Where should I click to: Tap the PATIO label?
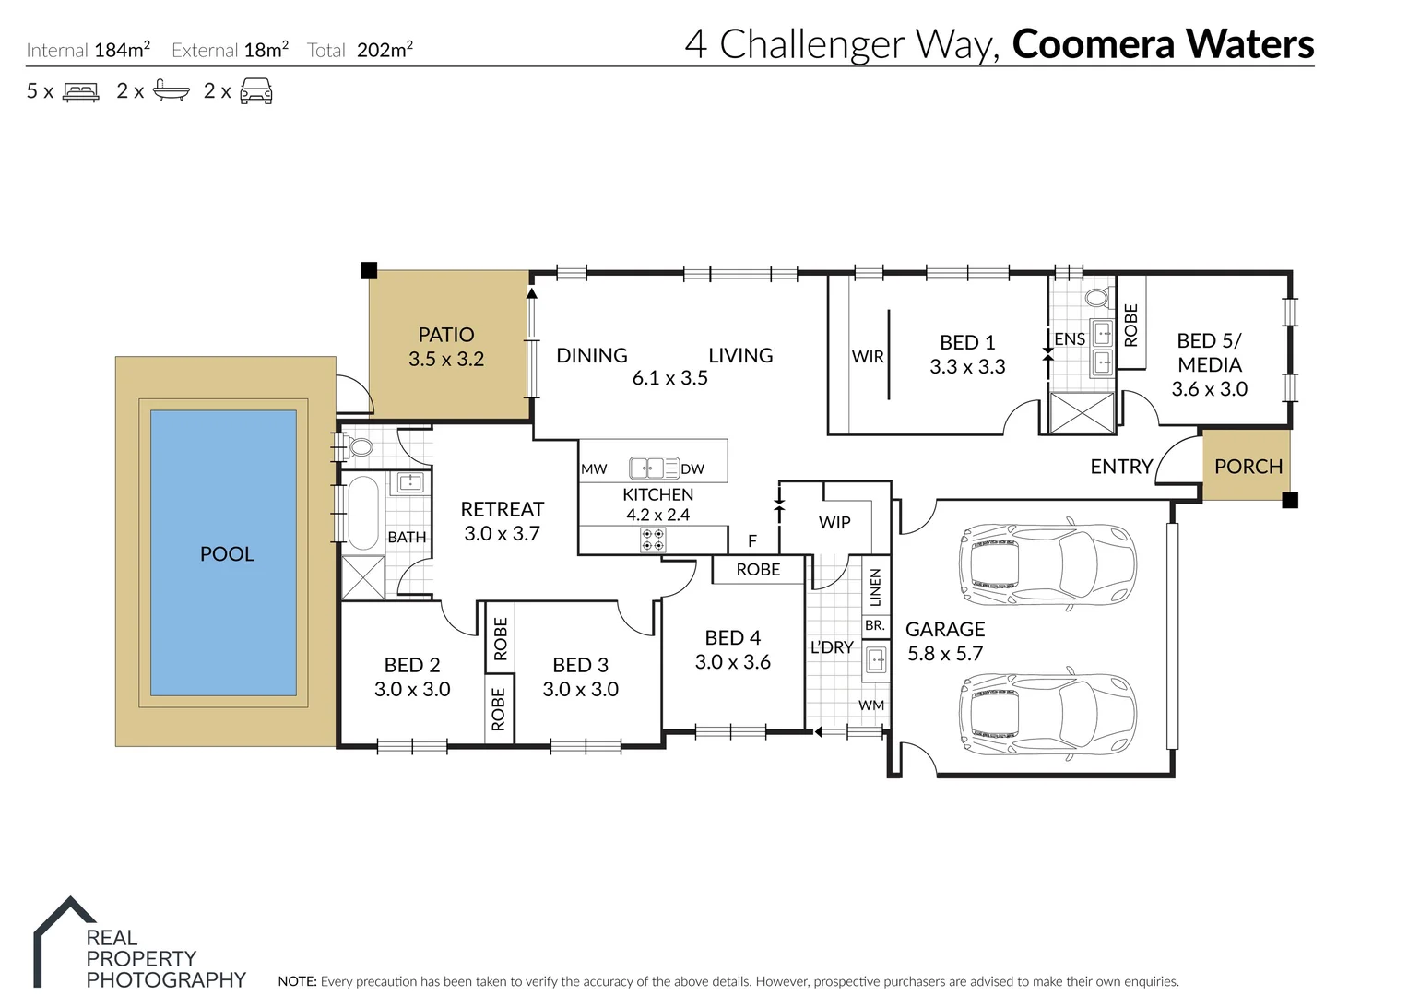446,335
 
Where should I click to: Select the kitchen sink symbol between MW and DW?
647,468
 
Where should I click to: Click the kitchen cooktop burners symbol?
653,539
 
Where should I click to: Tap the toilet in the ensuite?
1096,298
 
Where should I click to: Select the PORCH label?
1248,467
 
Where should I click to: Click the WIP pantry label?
834,522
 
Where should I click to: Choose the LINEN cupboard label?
875,587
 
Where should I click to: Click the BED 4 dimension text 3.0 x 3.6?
732,662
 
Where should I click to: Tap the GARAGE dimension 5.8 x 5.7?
945,654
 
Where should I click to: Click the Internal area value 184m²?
122,50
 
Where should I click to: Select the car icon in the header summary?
255,91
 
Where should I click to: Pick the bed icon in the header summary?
80,92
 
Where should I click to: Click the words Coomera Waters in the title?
1163,44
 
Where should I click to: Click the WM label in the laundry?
871,705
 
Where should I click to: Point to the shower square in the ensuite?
1082,412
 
